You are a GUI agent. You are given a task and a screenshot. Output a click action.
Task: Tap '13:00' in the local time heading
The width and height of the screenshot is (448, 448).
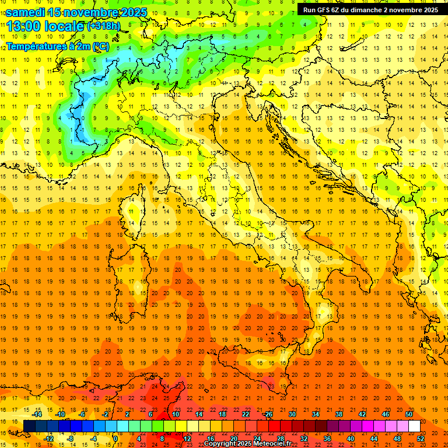(24, 26)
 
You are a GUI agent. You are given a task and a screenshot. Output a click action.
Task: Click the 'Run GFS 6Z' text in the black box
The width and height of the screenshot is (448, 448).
(324, 10)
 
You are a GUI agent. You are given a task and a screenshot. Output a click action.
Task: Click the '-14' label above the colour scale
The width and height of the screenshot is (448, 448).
(38, 414)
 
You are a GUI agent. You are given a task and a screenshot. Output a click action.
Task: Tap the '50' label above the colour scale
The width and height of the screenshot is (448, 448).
(409, 414)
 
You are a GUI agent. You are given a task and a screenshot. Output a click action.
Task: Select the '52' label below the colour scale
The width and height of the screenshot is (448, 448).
(421, 439)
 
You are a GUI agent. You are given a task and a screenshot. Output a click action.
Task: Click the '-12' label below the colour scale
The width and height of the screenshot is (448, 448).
(49, 439)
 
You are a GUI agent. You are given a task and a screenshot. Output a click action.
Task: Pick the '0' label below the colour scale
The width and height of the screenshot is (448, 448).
(116, 439)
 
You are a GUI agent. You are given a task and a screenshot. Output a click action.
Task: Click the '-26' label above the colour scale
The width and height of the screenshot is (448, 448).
(268, 414)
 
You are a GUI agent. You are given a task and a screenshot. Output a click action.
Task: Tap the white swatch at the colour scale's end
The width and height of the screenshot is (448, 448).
(414, 426)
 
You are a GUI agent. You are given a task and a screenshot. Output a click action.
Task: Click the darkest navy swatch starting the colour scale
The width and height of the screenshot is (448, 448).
(29, 426)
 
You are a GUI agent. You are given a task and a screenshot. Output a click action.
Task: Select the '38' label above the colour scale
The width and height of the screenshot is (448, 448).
(339, 414)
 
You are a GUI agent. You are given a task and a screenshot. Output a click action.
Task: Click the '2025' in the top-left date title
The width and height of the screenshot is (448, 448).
(131, 12)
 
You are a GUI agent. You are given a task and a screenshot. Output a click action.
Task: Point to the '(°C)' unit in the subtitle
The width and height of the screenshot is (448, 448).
(101, 46)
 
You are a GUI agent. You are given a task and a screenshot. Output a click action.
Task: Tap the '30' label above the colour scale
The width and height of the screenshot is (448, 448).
(292, 414)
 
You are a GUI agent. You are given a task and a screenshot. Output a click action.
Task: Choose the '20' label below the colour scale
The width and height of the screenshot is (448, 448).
(234, 439)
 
